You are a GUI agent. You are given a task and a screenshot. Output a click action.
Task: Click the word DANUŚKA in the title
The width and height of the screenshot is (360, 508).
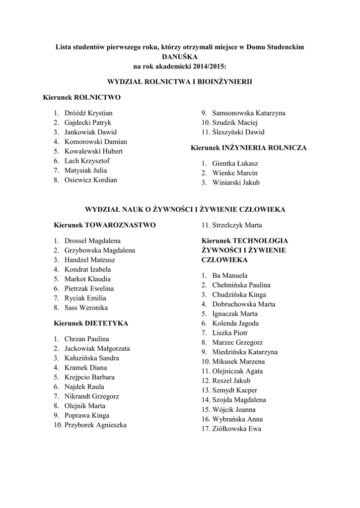click(179, 56)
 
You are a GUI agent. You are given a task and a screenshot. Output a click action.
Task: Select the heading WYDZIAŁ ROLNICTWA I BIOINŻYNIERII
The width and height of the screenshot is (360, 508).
click(180, 81)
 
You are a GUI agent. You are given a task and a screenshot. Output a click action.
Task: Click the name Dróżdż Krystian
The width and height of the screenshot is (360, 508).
click(88, 113)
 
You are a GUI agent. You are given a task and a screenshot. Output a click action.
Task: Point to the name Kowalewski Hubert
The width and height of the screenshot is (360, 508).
click(93, 151)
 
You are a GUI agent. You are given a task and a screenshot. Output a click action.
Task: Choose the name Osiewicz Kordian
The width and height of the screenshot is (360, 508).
click(90, 180)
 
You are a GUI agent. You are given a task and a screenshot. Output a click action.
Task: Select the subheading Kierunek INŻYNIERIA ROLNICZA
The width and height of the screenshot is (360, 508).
click(249, 148)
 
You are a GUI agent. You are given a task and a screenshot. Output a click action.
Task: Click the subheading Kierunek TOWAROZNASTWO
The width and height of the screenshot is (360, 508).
click(104, 225)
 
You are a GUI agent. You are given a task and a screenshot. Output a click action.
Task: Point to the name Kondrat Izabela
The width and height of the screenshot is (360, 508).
click(87, 269)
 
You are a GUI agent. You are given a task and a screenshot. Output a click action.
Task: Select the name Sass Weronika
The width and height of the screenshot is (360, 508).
click(86, 308)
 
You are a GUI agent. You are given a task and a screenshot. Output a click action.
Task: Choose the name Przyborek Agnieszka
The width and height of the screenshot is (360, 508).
click(95, 425)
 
